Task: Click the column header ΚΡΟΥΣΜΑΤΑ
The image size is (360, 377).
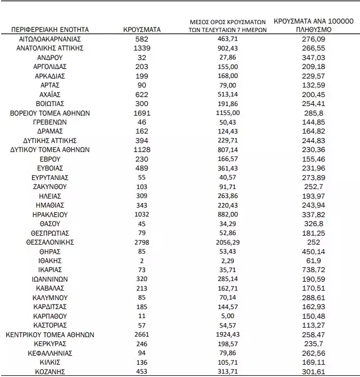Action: pyautogui.click(x=142, y=29)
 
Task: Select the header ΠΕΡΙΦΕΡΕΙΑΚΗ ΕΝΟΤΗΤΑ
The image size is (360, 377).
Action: pyautogui.click(x=49, y=29)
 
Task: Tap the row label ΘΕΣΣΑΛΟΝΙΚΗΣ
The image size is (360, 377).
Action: pyautogui.click(x=49, y=242)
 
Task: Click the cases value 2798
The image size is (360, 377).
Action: pyautogui.click(x=142, y=242)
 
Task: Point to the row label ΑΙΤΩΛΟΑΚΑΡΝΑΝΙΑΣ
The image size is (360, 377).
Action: pyautogui.click(x=49, y=39)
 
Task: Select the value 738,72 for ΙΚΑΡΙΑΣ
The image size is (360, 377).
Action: pyautogui.click(x=313, y=270)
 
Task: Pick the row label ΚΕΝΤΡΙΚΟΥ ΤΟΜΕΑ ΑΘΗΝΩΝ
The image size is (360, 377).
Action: pyautogui.click(x=49, y=334)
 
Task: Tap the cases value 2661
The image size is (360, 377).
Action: pyautogui.click(x=142, y=334)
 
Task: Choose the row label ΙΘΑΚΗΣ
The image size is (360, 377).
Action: pyautogui.click(x=49, y=261)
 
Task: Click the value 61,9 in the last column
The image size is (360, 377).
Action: pyautogui.click(x=313, y=261)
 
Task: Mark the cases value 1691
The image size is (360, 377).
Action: pyautogui.click(x=142, y=113)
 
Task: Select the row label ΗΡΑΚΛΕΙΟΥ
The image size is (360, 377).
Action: pyautogui.click(x=49, y=214)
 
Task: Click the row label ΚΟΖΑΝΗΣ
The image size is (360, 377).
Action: pyautogui.click(x=49, y=371)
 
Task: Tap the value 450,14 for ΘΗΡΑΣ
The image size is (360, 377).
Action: pyautogui.click(x=313, y=251)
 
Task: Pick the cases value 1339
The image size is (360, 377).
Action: pyautogui.click(x=142, y=48)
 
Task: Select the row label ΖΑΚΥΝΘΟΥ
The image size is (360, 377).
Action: pyautogui.click(x=49, y=187)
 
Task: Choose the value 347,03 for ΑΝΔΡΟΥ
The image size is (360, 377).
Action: pyautogui.click(x=313, y=58)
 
